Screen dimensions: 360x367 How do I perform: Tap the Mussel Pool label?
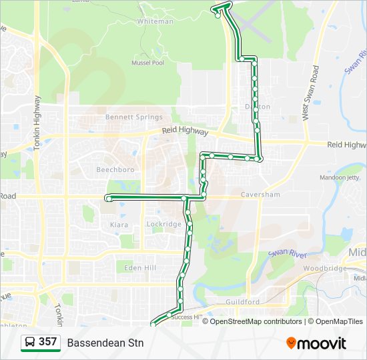click(x=148, y=63)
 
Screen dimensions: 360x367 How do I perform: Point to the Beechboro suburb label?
click(x=115, y=170)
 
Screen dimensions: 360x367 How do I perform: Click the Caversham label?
click(x=260, y=195)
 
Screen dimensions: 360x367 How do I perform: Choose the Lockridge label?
click(x=163, y=225)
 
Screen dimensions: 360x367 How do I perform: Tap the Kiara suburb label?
click(x=119, y=225)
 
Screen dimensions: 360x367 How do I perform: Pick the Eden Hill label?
click(x=140, y=267)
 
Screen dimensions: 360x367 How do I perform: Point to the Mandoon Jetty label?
click(x=339, y=177)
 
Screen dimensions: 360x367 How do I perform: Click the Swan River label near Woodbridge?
click(x=287, y=254)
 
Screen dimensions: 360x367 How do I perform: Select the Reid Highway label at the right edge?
click(x=345, y=144)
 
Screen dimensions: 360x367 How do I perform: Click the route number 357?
click(x=47, y=342)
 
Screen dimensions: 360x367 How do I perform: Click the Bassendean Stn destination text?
click(x=105, y=343)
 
